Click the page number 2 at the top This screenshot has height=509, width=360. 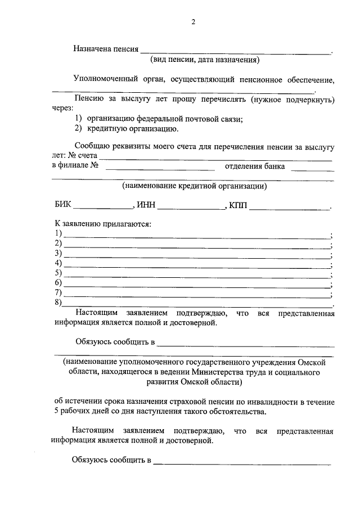click(x=193, y=22)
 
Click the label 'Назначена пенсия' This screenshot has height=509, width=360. click(x=106, y=49)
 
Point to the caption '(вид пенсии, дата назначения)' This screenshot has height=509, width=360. click(x=204, y=59)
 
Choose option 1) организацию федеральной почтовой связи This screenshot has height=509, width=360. click(x=159, y=119)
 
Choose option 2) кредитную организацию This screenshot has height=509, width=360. click(x=127, y=129)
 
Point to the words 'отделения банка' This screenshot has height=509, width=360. click(x=254, y=166)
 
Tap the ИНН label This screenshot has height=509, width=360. click(x=145, y=205)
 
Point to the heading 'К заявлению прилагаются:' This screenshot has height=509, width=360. click(x=103, y=224)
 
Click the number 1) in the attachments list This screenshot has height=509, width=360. click(x=57, y=234)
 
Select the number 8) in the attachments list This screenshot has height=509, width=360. click(x=57, y=303)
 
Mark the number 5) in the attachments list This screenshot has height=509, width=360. click(x=57, y=273)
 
